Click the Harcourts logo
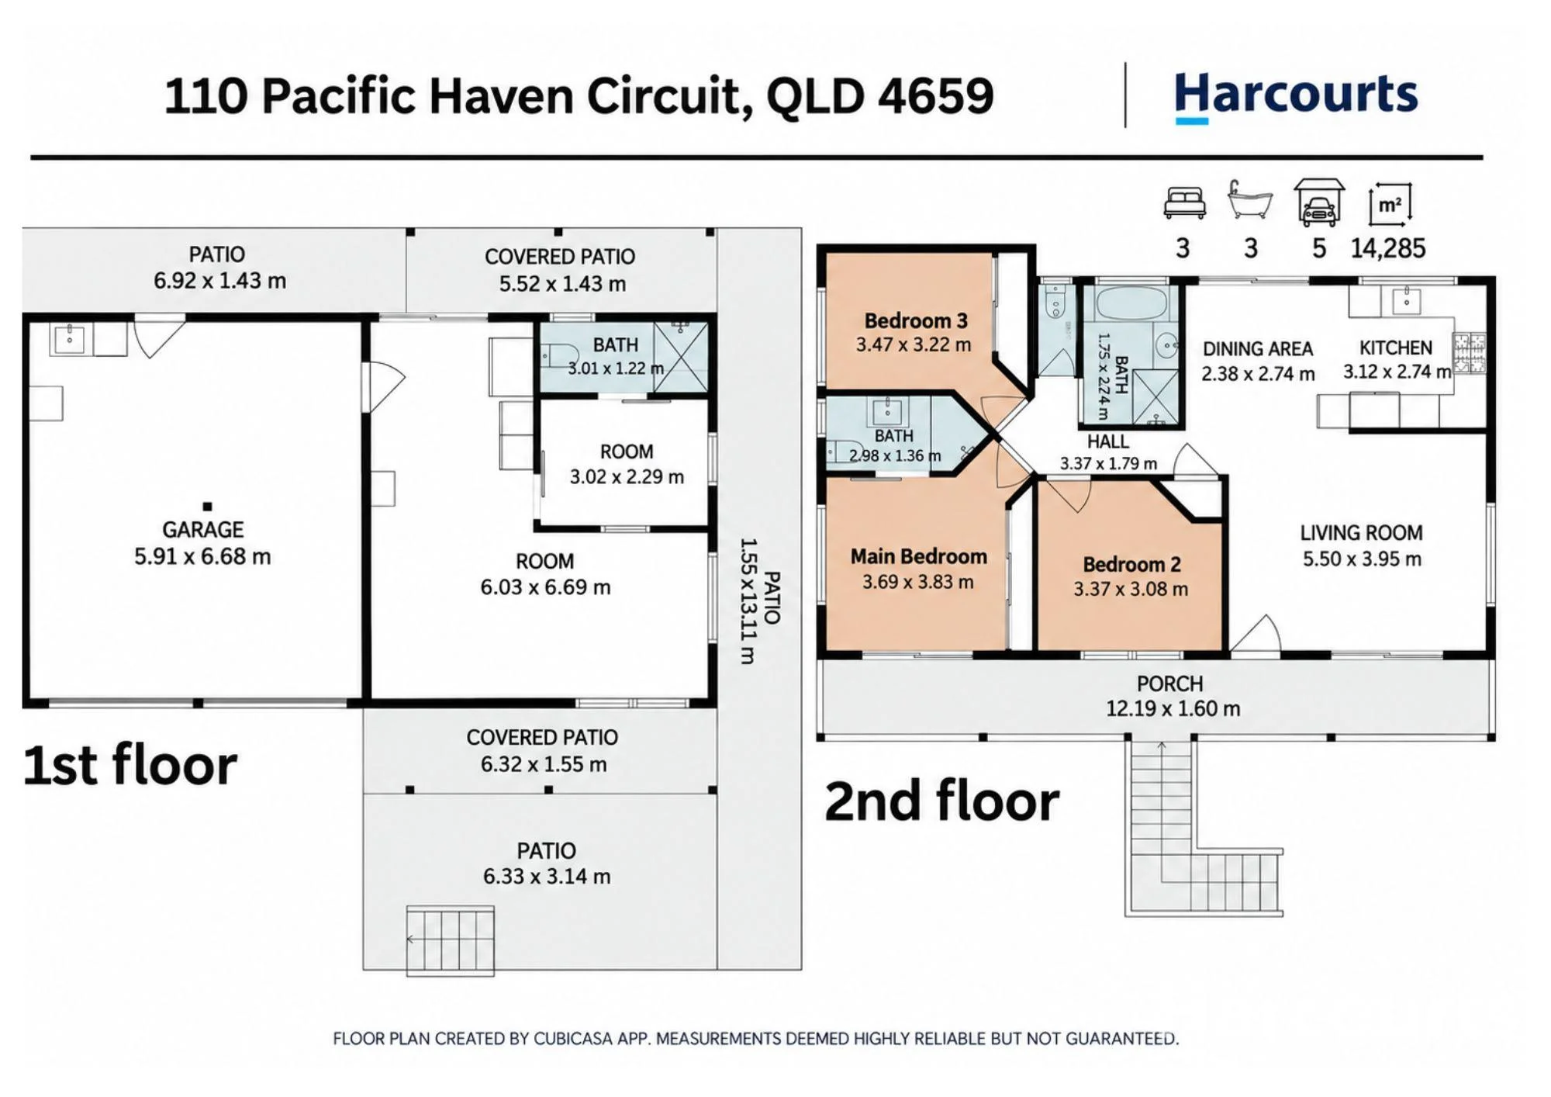tap(1296, 97)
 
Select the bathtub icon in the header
tap(1250, 200)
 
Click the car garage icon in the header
tap(1318, 202)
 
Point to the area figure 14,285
tap(1387, 248)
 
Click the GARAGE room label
tap(203, 530)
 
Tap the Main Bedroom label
tap(919, 556)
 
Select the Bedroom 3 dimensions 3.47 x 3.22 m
tap(914, 344)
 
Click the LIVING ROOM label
tap(1362, 533)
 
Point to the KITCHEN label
tap(1396, 348)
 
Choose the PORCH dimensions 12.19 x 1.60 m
tap(1173, 708)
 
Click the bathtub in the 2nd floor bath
tap(1131, 303)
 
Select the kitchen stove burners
tap(1469, 352)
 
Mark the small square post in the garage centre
tap(207, 507)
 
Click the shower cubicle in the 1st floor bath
tap(681, 357)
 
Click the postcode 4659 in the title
tap(936, 97)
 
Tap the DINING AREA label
tap(1258, 349)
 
